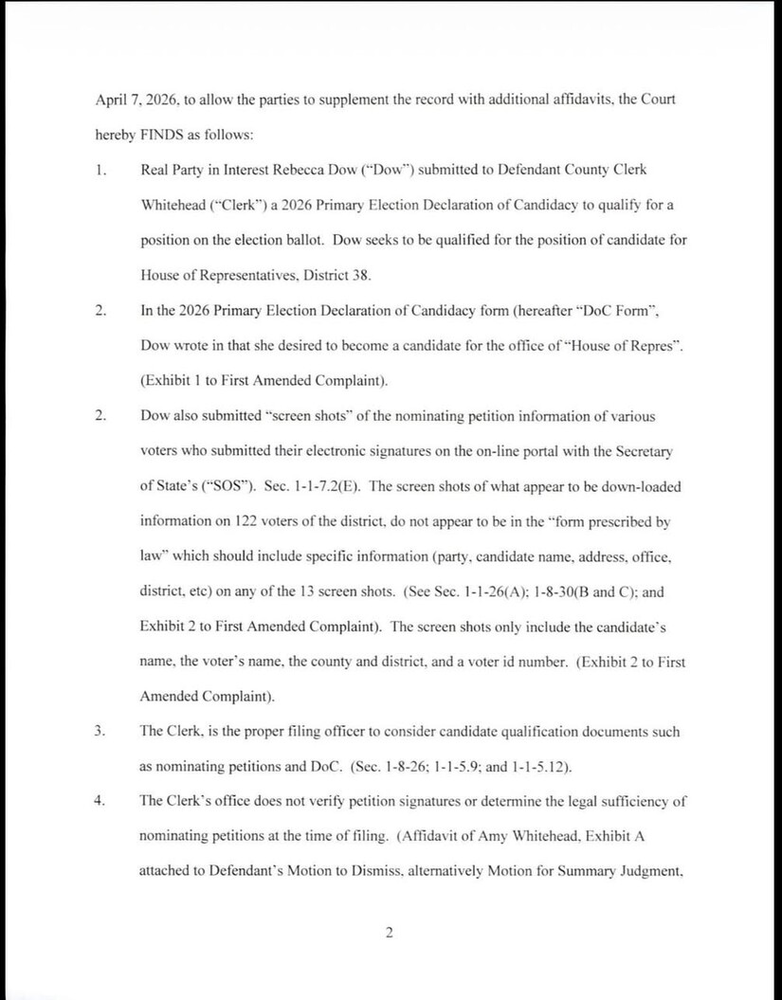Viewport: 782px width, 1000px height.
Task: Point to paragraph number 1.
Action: (100, 169)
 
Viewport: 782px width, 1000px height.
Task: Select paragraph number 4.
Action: (100, 801)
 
